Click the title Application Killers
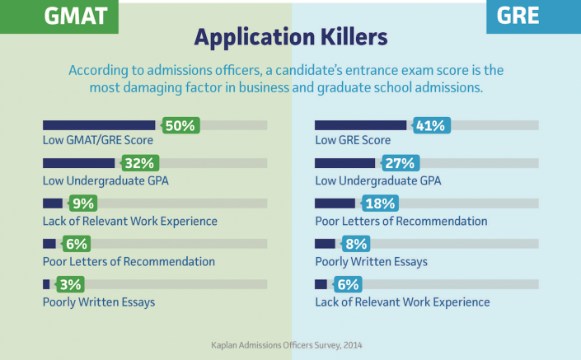click(290, 38)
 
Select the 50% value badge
click(179, 126)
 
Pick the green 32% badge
click(139, 162)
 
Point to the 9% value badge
click(82, 203)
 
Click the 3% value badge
click(69, 284)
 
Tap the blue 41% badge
click(429, 126)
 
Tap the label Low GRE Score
click(353, 140)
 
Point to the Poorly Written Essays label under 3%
click(99, 302)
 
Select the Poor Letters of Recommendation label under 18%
click(401, 221)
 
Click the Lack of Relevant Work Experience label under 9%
click(130, 221)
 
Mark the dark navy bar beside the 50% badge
click(99, 125)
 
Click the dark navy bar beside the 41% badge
click(361, 125)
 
